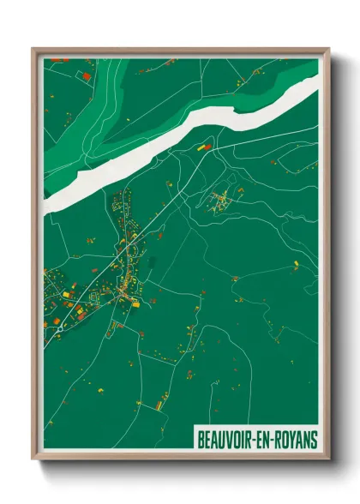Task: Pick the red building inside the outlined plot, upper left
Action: pos(86,76)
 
